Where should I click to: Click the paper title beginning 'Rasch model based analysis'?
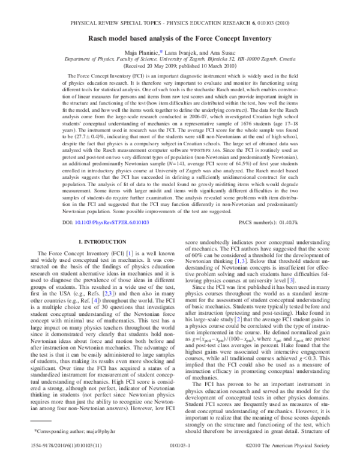click(x=180, y=39)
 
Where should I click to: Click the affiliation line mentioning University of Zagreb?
click(x=180, y=60)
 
